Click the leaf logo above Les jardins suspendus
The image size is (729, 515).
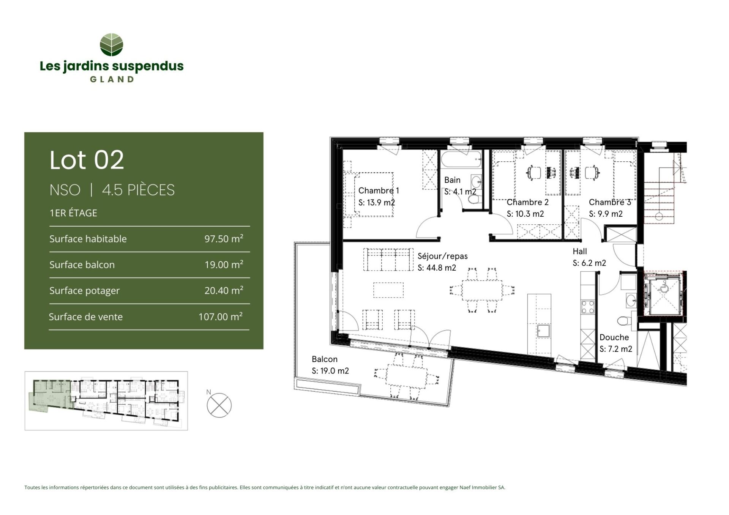click(111, 45)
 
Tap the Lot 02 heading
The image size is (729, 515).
click(87, 160)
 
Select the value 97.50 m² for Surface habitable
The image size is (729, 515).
click(224, 238)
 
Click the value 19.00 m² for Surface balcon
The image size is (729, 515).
click(224, 264)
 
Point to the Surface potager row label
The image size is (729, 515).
click(84, 291)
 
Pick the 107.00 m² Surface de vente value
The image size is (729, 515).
click(221, 316)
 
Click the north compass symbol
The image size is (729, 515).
click(219, 405)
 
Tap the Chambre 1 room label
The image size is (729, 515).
click(379, 191)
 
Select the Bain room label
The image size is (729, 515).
click(452, 180)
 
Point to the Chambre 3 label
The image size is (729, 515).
click(610, 202)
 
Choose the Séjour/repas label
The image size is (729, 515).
click(443, 256)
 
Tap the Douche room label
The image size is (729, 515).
click(614, 337)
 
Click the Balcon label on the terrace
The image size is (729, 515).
click(325, 359)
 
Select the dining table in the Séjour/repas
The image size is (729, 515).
click(482, 290)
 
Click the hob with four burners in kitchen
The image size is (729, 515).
click(588, 307)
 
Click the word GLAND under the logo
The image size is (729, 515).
click(112, 79)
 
